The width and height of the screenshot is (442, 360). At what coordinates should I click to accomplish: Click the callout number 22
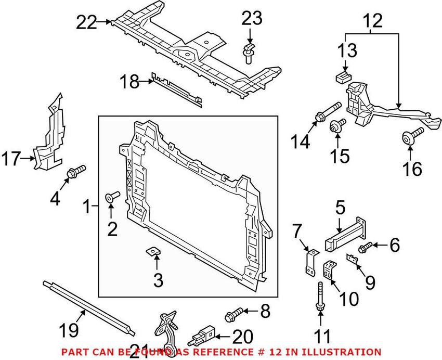(x=87, y=22)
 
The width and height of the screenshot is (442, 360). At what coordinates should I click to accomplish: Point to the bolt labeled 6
(x=365, y=245)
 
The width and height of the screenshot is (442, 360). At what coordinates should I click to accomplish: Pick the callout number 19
(x=69, y=329)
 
